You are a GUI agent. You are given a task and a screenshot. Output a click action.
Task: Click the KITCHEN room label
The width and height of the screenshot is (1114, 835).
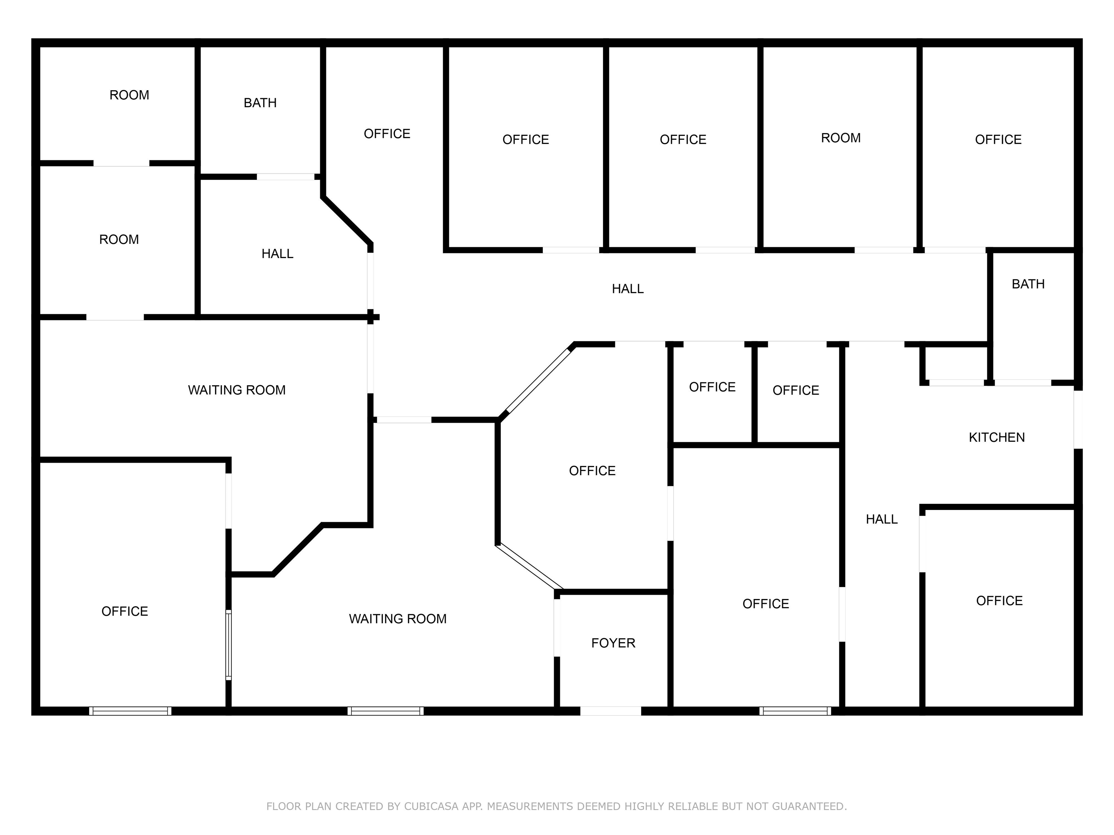point(996,437)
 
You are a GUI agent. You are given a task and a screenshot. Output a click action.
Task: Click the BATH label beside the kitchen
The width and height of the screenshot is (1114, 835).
point(1028,284)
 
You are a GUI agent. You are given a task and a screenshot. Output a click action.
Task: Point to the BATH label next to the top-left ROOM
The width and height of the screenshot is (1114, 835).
point(260,103)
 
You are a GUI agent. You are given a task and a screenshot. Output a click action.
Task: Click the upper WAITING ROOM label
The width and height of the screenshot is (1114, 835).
point(237,390)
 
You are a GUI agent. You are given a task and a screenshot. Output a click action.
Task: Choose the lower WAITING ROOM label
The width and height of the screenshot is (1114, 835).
point(397,619)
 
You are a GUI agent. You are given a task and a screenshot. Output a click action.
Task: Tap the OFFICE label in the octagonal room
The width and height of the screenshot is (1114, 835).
point(592,471)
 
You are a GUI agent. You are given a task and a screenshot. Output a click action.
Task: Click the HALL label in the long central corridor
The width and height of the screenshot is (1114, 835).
point(627,289)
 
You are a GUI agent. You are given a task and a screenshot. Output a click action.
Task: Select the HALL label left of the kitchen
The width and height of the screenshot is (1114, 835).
point(881,519)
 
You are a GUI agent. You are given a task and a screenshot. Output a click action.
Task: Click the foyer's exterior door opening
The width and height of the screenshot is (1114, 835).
point(610,711)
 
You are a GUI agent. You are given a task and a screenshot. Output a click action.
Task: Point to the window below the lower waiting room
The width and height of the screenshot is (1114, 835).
point(385,711)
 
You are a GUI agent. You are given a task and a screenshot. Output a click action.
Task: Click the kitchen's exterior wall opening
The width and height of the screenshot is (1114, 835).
point(1078,419)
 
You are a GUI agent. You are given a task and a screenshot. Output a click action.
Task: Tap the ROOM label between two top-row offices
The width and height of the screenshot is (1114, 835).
point(841,138)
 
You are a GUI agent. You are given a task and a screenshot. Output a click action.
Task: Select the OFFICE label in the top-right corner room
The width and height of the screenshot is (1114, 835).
point(998,140)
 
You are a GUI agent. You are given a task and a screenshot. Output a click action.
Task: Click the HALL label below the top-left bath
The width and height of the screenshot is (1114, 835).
point(277,254)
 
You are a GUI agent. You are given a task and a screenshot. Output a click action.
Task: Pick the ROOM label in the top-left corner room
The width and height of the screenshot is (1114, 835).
point(129,95)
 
